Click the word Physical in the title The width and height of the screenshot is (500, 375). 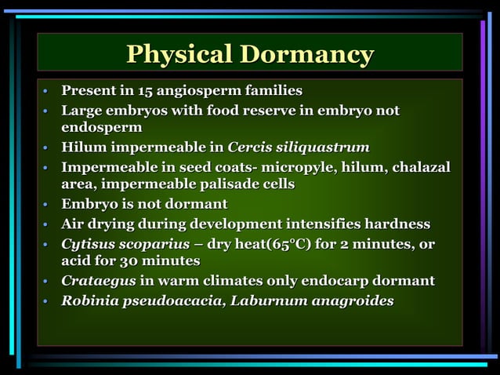(179, 54)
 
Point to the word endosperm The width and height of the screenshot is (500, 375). (102, 127)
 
